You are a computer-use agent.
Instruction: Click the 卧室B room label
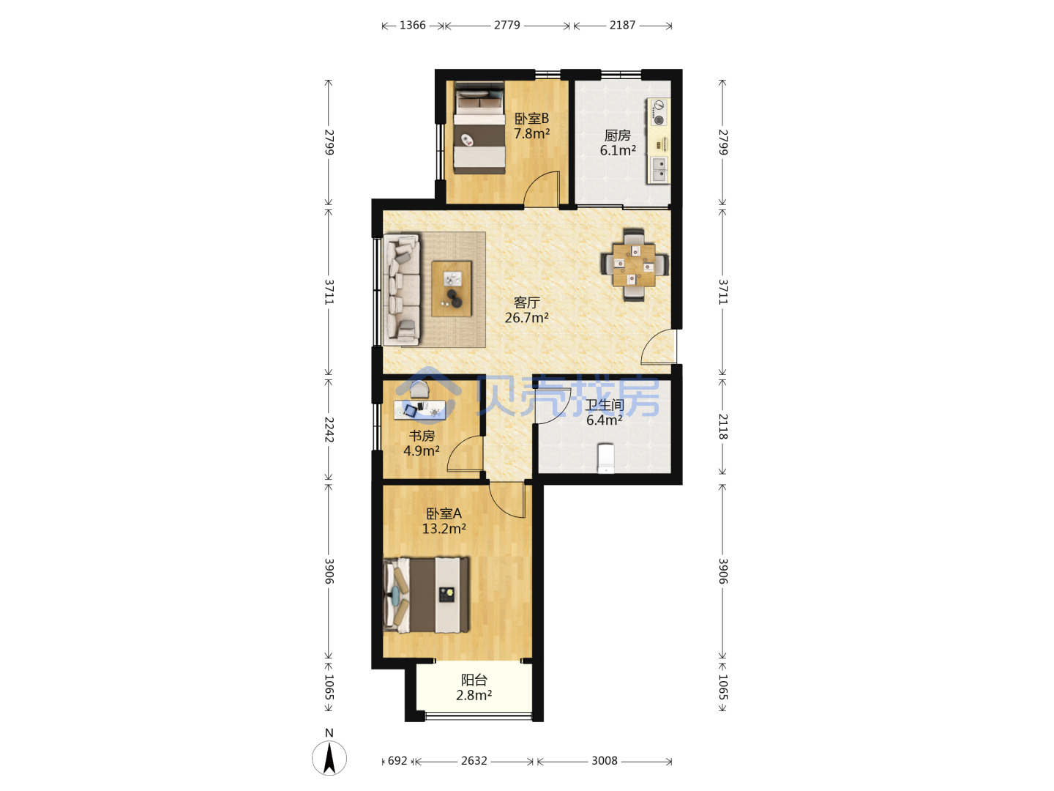point(531,118)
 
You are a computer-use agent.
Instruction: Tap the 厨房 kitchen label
point(617,135)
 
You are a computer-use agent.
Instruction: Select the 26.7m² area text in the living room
point(526,317)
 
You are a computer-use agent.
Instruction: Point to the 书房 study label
point(422,436)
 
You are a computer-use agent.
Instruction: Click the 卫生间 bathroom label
point(604,405)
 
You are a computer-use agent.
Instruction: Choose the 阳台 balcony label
point(474,680)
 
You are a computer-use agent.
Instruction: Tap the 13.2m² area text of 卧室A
point(444,529)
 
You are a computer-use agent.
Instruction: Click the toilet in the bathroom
point(605,458)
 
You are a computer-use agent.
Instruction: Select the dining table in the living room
point(634,265)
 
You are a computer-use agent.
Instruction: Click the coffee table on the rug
point(452,289)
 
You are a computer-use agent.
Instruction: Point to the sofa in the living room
point(401,289)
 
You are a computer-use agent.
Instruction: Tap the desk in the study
point(419,410)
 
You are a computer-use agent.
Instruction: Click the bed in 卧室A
point(427,595)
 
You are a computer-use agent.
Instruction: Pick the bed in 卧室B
point(479,127)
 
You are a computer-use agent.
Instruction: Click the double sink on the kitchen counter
point(659,169)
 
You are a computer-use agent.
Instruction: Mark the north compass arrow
point(329,757)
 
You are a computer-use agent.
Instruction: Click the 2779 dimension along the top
point(507,25)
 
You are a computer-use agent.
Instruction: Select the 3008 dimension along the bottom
point(604,761)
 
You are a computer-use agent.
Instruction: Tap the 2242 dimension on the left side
point(329,429)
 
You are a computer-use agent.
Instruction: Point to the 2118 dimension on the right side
point(722,426)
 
